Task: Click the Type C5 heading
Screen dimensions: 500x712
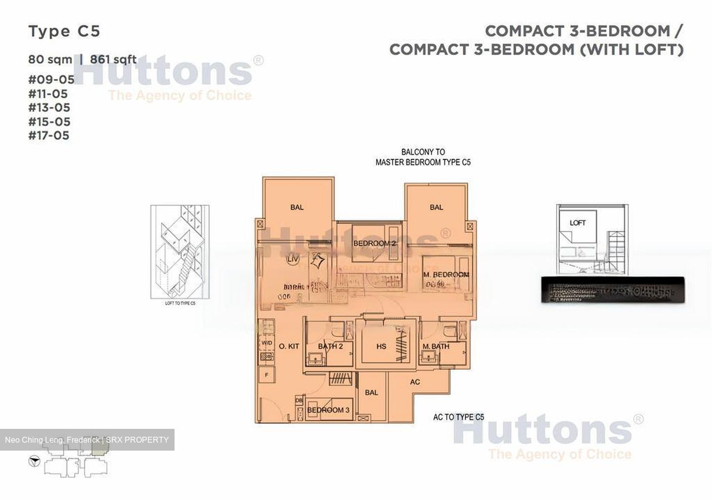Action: pos(64,32)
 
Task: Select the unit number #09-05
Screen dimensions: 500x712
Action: pos(51,80)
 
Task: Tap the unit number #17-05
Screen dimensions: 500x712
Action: pos(49,135)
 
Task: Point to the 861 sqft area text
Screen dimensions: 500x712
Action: pos(113,59)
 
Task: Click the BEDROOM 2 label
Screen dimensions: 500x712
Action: pos(374,244)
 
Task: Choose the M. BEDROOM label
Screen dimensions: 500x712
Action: pos(445,275)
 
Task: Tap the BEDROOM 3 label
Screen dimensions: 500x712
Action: pos(328,410)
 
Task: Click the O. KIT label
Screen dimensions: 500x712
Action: pos(289,346)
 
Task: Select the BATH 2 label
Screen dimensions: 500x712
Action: pos(330,346)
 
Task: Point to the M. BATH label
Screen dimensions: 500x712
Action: pos(436,346)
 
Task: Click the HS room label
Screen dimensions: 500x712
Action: pos(381,346)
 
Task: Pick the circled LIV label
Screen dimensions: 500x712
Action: pos(292,260)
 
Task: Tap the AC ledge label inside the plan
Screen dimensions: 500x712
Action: pos(415,382)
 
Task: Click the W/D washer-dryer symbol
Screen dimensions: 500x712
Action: pos(267,342)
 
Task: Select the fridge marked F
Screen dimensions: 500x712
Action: pos(267,375)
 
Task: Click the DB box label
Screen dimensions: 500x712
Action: pos(299,401)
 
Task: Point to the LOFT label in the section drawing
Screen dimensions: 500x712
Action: pos(578,223)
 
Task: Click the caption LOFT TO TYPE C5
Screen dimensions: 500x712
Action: pos(180,303)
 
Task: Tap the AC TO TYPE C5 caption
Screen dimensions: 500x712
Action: pos(458,417)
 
